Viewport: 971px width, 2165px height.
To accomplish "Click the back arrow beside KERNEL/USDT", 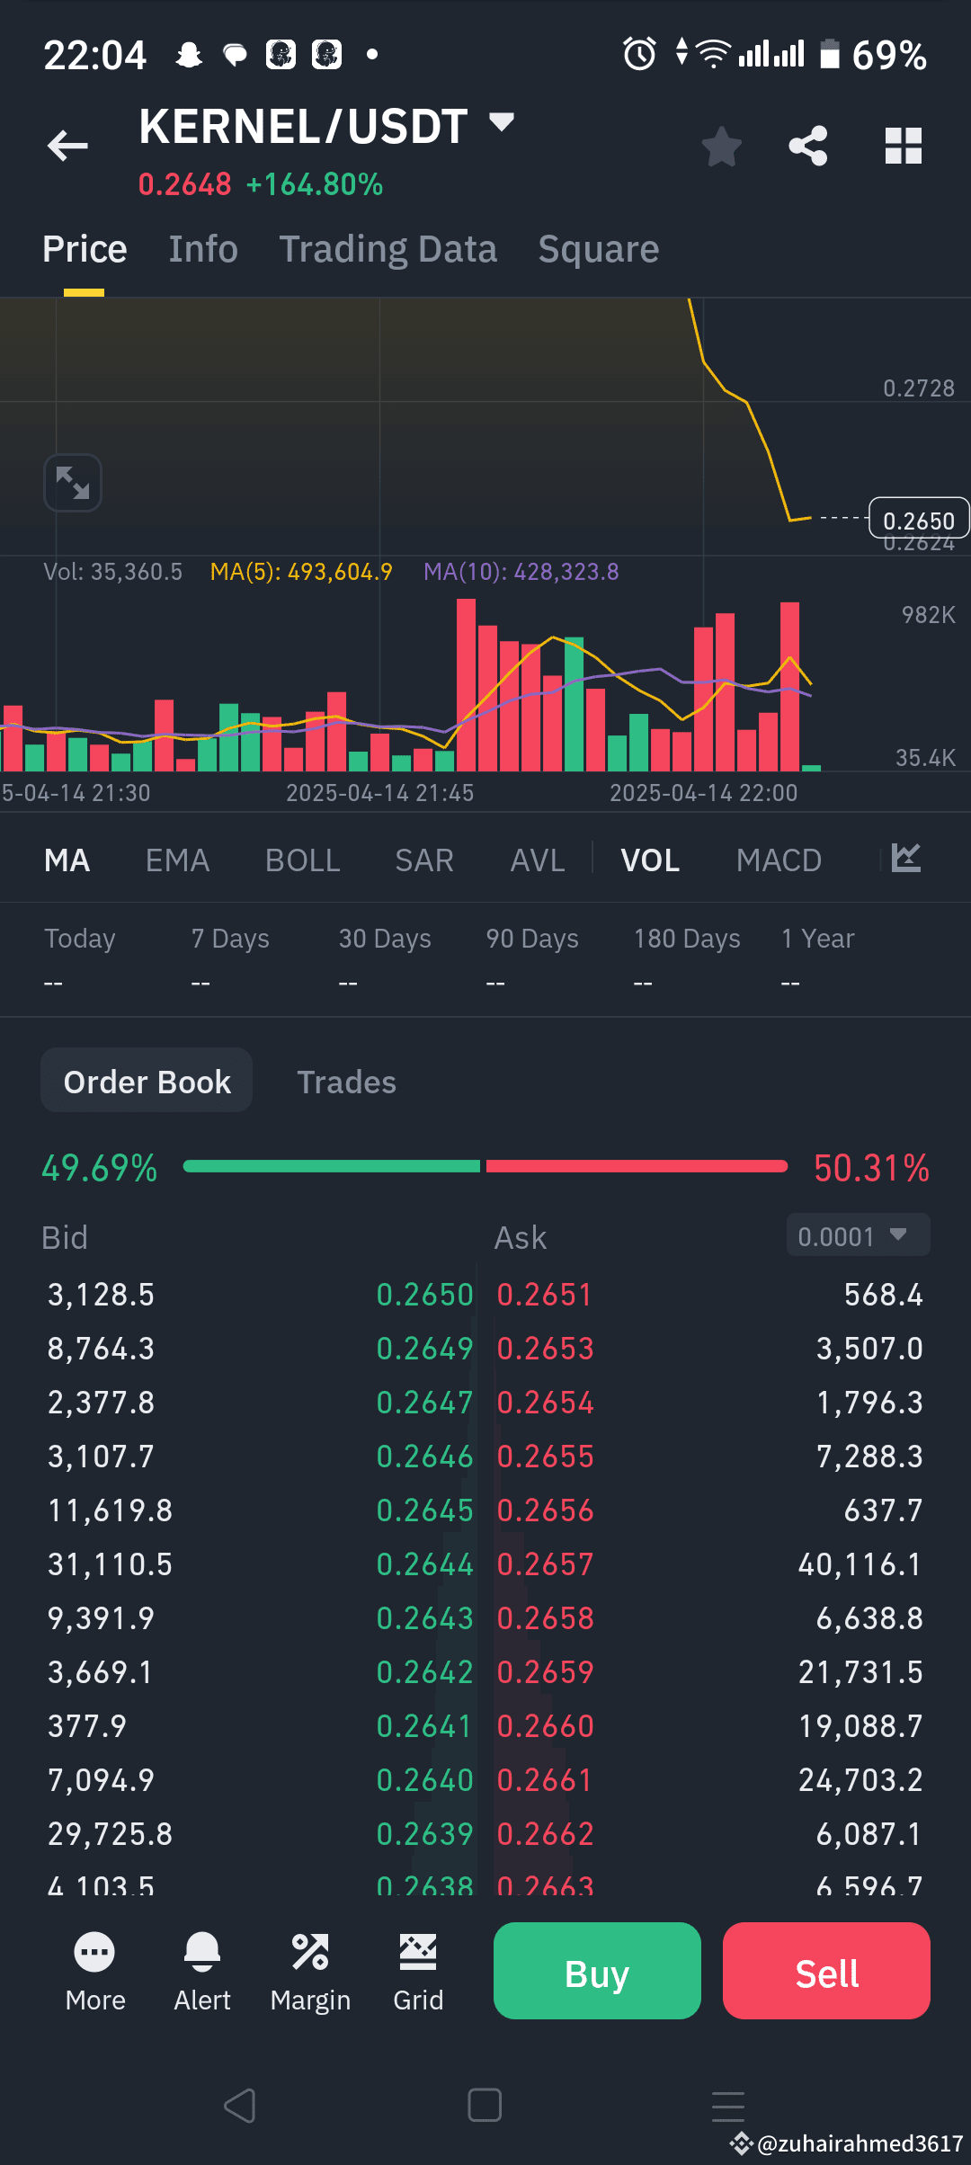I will (67, 146).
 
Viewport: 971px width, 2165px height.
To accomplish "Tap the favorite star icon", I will (721, 147).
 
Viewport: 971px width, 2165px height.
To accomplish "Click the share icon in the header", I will (808, 146).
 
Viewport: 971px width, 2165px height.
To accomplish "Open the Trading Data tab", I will (388, 249).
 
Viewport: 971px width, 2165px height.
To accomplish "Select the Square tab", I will (598, 249).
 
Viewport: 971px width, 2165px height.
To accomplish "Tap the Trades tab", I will (346, 1082).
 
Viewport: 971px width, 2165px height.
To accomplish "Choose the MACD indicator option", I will (779, 860).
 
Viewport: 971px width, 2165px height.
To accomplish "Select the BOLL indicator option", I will (302, 860).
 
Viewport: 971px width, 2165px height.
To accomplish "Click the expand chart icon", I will (73, 483).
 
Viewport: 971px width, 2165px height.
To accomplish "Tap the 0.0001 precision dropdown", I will (858, 1236).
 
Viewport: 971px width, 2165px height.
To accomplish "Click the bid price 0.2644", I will (424, 1564).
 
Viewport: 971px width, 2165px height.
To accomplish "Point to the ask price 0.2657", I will (545, 1564).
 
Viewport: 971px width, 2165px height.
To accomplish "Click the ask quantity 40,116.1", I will (860, 1564).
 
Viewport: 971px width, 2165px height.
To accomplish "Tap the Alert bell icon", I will (202, 1953).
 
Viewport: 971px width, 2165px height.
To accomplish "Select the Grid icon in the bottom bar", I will (418, 1953).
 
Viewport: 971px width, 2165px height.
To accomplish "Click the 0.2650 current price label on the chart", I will (918, 521).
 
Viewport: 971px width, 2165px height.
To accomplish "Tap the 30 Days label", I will (385, 939).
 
